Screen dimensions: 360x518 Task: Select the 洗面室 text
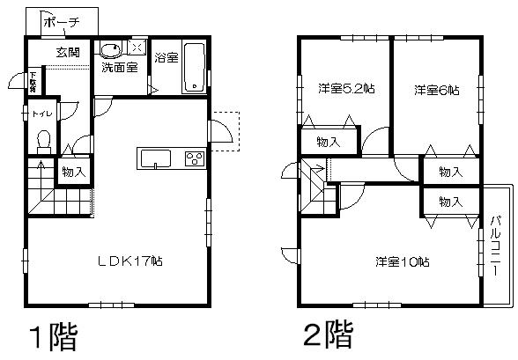point(118,68)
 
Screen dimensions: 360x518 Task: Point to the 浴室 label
point(166,58)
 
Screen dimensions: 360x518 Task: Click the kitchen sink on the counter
point(155,158)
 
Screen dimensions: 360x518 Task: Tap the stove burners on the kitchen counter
point(193,158)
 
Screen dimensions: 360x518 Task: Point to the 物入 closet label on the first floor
point(73,171)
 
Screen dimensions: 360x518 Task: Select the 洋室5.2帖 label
point(343,89)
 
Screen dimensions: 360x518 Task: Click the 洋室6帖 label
point(436,89)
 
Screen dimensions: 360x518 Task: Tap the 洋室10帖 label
point(402,261)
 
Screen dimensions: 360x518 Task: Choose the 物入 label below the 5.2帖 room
point(329,140)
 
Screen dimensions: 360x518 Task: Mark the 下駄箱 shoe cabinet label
point(33,82)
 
